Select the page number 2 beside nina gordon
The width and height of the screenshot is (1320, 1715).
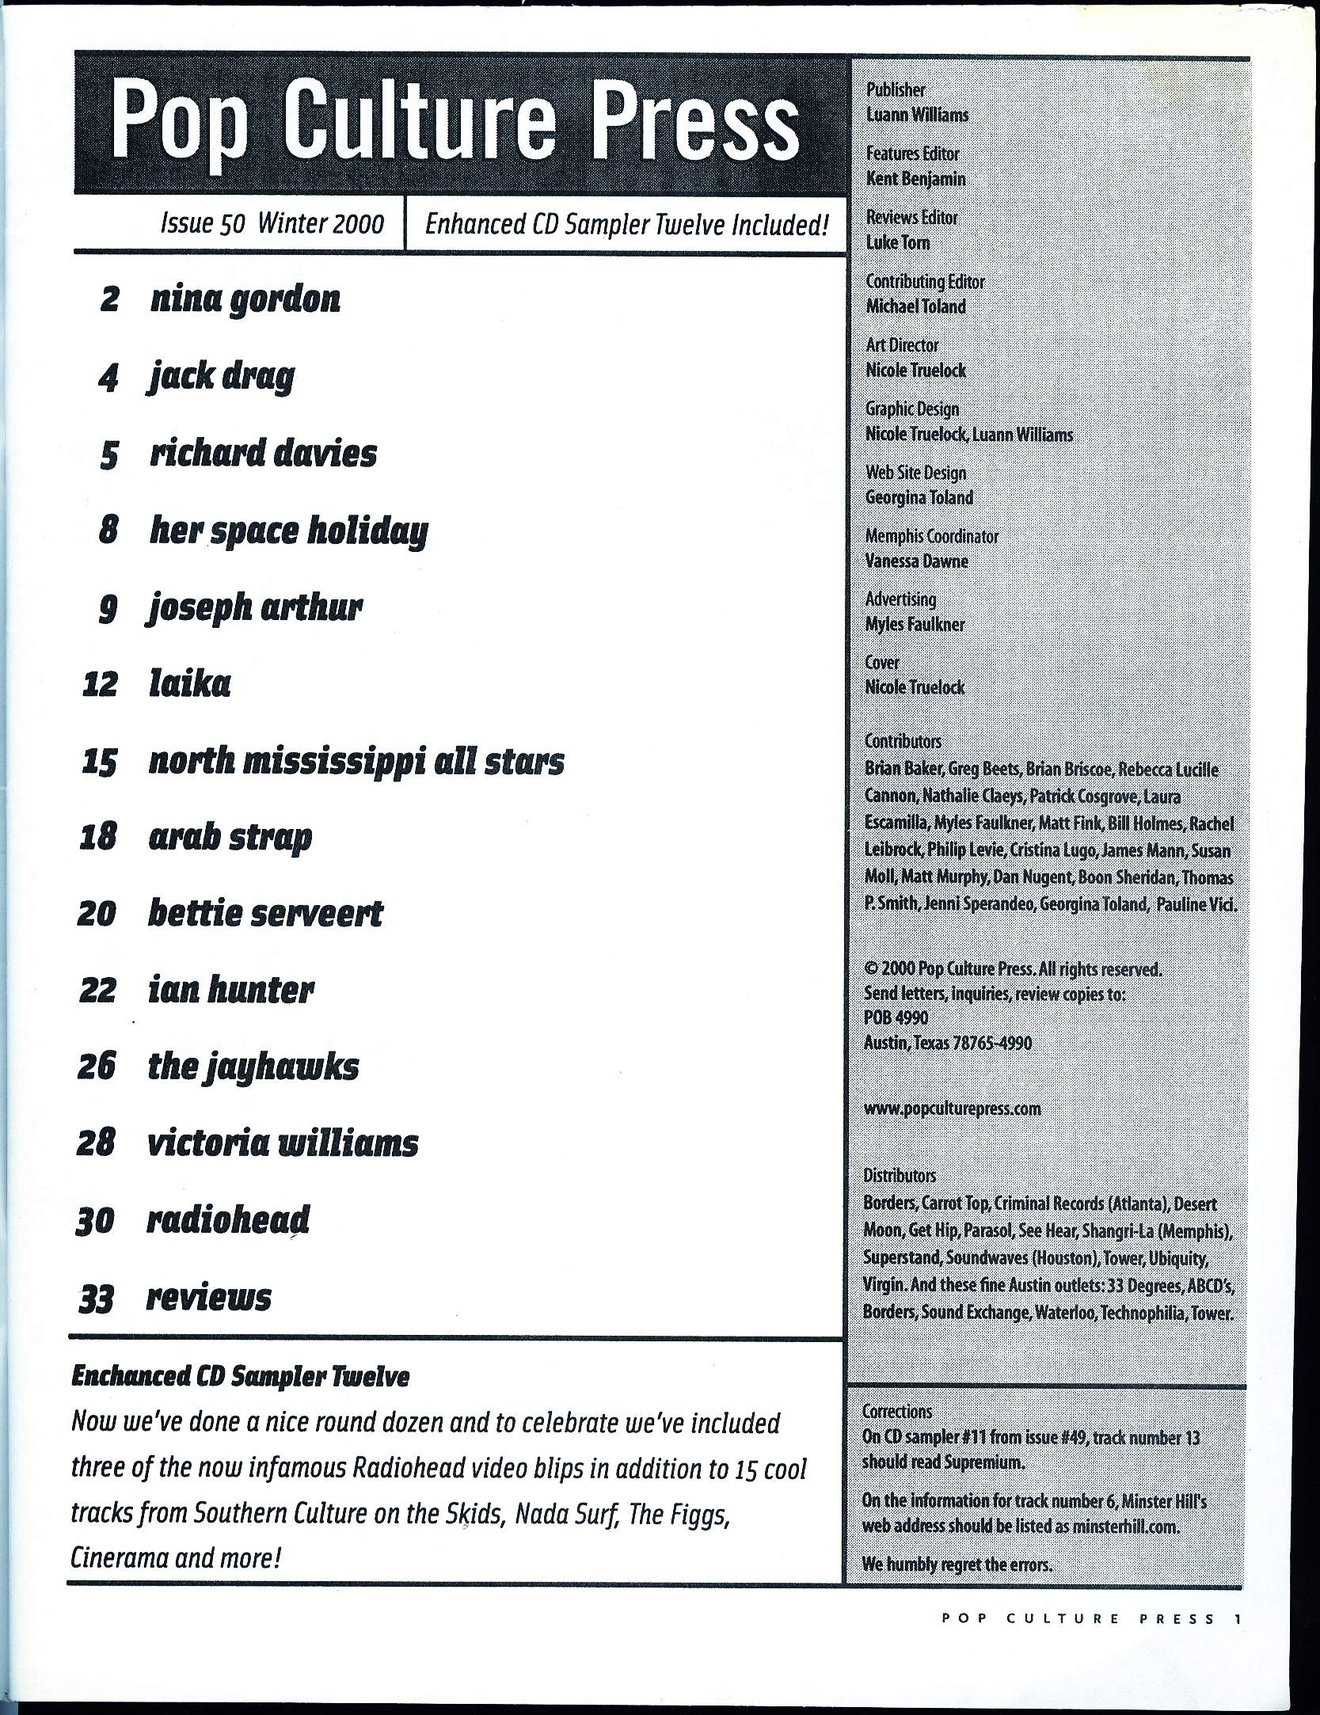click(x=110, y=300)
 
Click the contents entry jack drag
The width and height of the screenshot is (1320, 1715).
click(x=221, y=377)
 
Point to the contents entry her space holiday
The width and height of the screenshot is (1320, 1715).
click(x=288, y=531)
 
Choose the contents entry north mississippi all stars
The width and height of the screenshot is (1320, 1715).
click(x=356, y=762)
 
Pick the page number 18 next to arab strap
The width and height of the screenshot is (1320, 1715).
click(x=99, y=838)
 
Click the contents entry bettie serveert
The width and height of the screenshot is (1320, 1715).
click(x=265, y=914)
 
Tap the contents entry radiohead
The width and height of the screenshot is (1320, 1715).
click(x=228, y=1220)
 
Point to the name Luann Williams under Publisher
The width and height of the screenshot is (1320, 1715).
click(x=917, y=115)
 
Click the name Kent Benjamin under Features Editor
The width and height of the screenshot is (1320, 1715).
click(x=915, y=179)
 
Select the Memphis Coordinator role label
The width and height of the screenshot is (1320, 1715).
click(x=931, y=536)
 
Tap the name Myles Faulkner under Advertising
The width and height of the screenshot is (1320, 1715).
click(x=915, y=624)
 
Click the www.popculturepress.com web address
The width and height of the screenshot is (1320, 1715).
click(x=952, y=1108)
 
